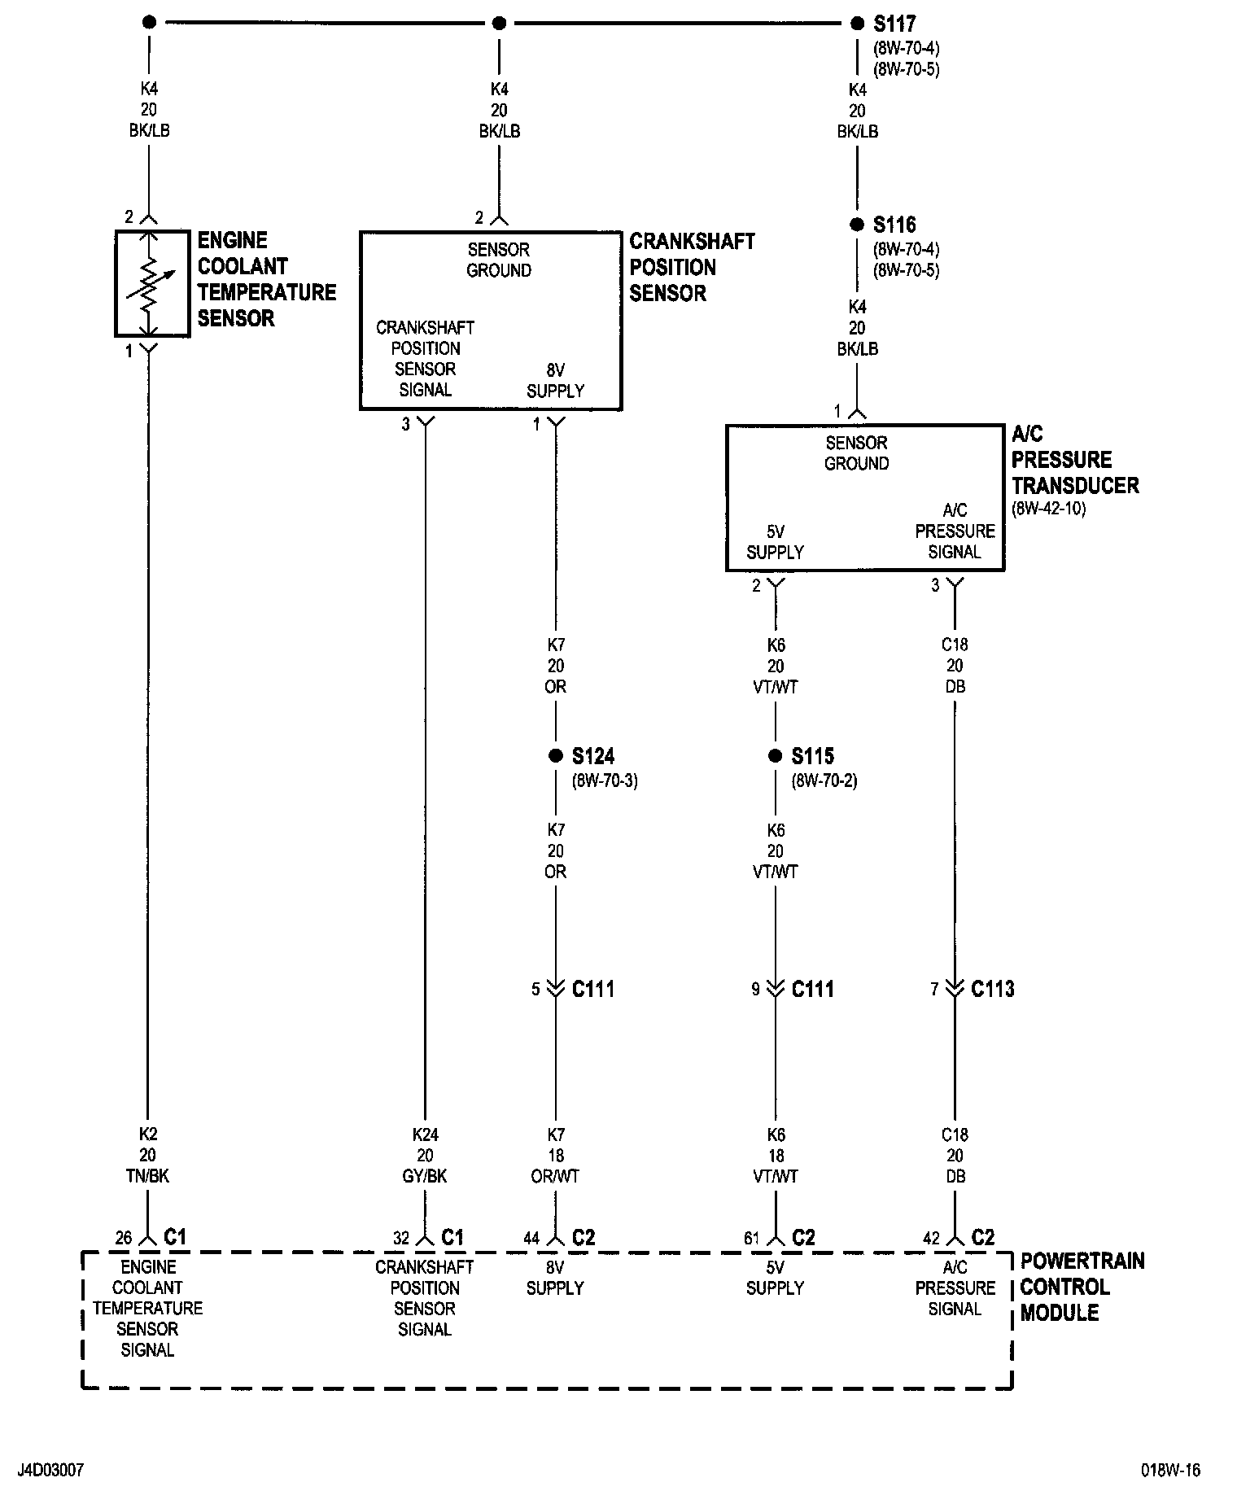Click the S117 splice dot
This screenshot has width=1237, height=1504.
tap(857, 24)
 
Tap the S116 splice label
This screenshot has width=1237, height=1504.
tap(894, 225)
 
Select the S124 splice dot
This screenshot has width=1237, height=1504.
tap(556, 756)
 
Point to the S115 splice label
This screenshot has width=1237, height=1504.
tap(813, 756)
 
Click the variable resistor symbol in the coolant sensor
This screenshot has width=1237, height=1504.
tap(149, 283)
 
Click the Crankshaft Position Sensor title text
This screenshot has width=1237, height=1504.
tap(692, 267)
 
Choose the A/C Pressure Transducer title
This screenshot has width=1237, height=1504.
tap(1074, 460)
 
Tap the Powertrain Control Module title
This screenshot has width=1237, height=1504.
tap(1082, 1287)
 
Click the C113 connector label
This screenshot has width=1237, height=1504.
tap(993, 989)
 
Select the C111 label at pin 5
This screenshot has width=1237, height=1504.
tap(593, 989)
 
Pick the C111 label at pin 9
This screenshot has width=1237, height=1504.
tap(813, 989)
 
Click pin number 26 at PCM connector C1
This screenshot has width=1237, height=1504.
tap(123, 1238)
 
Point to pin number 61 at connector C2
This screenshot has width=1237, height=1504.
tap(751, 1238)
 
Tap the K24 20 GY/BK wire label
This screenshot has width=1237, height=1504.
tap(425, 1155)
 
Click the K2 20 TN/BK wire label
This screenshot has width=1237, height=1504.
tap(148, 1155)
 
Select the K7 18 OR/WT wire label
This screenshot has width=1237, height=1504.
tap(556, 1155)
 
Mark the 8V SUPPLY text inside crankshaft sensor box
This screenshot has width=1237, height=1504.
tap(556, 380)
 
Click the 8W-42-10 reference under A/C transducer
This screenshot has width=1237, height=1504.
tap(1048, 509)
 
